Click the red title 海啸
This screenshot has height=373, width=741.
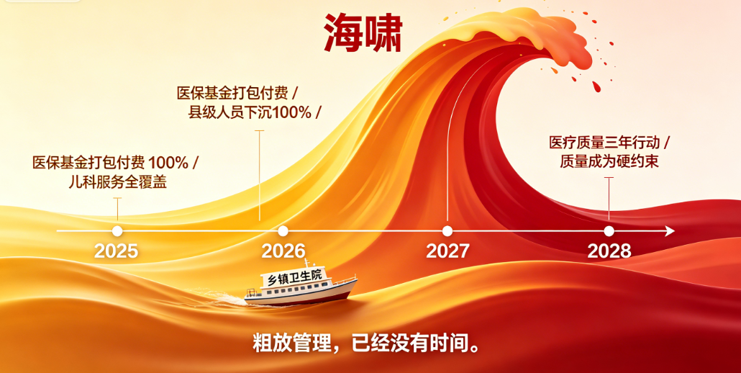(x=363, y=33)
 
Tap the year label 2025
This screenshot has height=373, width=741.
(x=117, y=251)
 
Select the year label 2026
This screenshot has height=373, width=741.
(x=283, y=251)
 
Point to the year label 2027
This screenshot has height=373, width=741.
(x=447, y=251)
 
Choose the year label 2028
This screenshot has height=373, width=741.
(x=609, y=251)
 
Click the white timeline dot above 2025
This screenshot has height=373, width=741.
(x=117, y=231)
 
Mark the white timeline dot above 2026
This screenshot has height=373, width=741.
(x=283, y=231)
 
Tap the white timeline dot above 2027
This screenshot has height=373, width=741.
(x=447, y=231)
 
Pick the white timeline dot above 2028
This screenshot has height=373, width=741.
(x=609, y=231)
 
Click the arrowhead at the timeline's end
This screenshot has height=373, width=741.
(x=670, y=231)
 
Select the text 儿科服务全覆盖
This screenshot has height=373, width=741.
(x=118, y=182)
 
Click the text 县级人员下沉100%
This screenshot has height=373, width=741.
(x=250, y=112)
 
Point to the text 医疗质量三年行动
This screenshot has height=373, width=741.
(x=604, y=143)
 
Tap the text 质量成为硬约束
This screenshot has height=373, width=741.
(x=609, y=162)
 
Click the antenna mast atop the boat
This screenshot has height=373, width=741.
(x=306, y=264)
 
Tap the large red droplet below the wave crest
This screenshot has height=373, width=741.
(x=596, y=86)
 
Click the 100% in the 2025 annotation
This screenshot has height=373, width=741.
(x=168, y=163)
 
